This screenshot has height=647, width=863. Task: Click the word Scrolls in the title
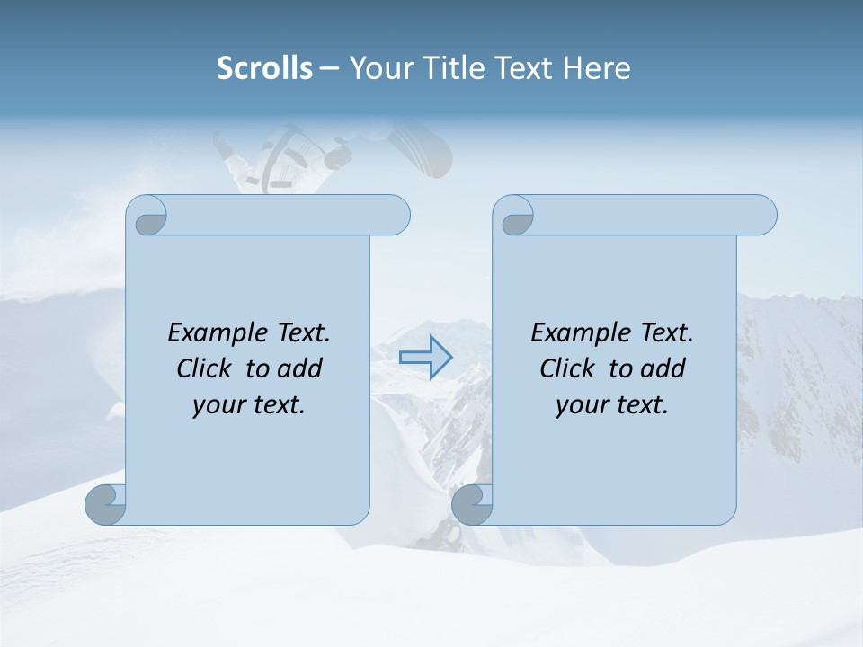click(x=264, y=68)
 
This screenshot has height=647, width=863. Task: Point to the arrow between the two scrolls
click(x=425, y=357)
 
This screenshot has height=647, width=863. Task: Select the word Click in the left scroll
click(x=207, y=368)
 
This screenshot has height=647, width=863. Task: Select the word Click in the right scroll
click(x=570, y=368)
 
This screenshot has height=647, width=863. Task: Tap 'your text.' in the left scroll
click(x=249, y=404)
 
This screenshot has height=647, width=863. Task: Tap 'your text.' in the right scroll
click(x=612, y=404)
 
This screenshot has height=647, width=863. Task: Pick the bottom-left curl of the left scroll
click(x=105, y=504)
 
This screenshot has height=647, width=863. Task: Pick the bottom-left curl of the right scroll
click(x=471, y=504)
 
